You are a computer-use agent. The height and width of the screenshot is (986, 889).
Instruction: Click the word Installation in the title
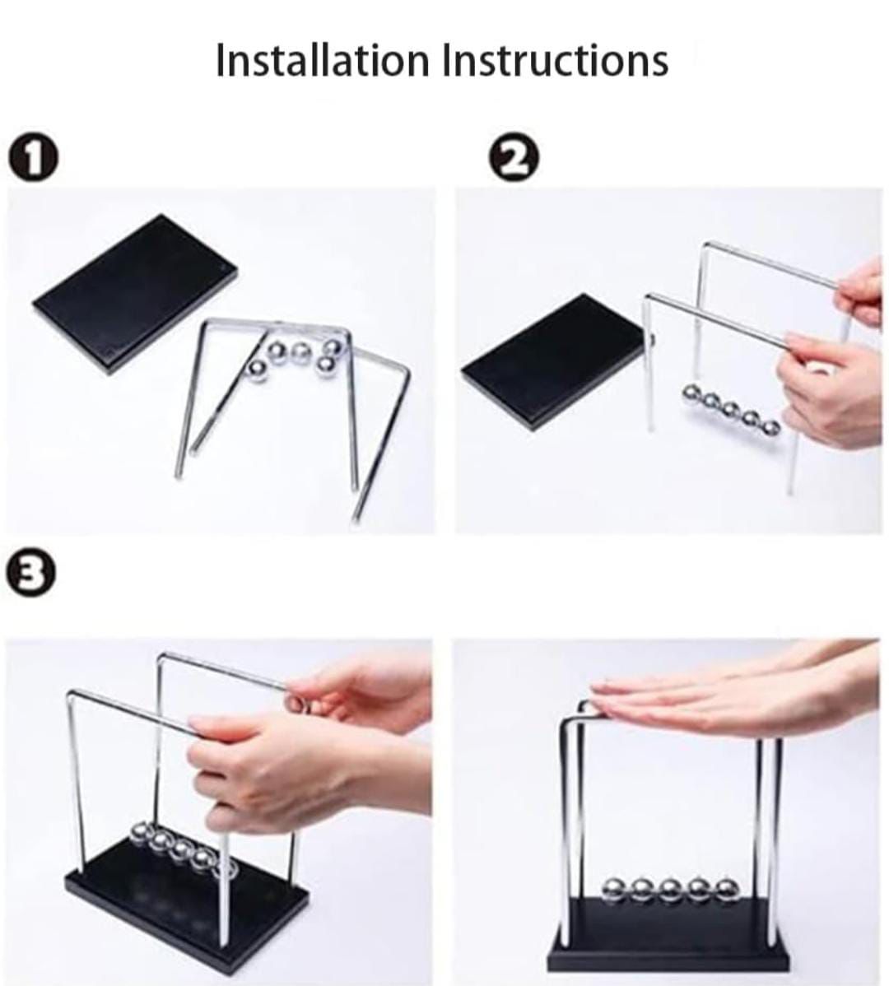323,60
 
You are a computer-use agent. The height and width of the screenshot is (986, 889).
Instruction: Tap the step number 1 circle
33,159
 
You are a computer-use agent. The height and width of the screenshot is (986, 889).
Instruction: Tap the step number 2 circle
514,159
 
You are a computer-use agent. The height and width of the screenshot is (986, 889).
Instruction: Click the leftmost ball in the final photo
614,889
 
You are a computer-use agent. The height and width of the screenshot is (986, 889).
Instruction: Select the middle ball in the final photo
669,890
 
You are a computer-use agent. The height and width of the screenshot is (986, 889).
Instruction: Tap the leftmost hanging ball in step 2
693,393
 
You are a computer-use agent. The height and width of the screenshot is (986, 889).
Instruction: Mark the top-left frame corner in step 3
71,694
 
